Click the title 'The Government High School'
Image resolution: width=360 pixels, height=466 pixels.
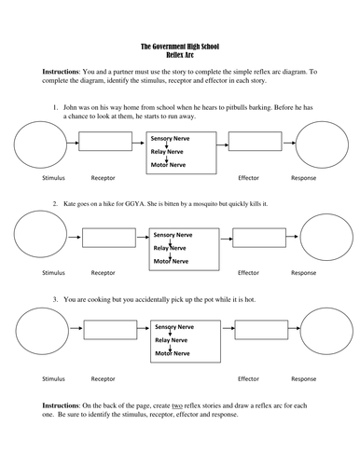[179, 46]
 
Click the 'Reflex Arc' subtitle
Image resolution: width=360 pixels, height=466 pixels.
[179, 54]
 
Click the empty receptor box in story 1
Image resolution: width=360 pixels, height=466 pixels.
[105, 142]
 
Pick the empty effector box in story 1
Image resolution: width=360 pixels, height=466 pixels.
[255, 142]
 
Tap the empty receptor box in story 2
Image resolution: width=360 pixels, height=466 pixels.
[105, 238]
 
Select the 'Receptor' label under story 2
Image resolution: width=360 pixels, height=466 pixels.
[103, 273]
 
